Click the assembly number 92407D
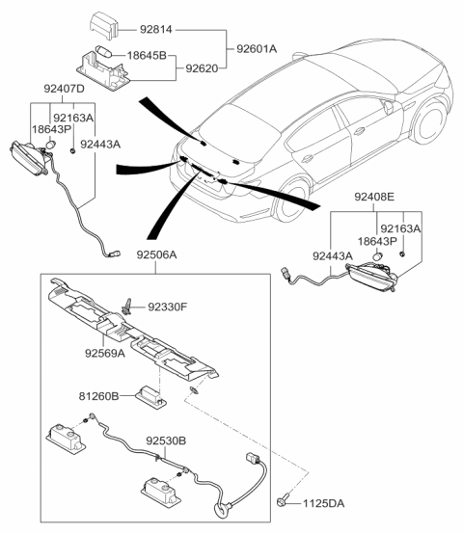pos(65,90)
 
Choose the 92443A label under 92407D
pos(100,143)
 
